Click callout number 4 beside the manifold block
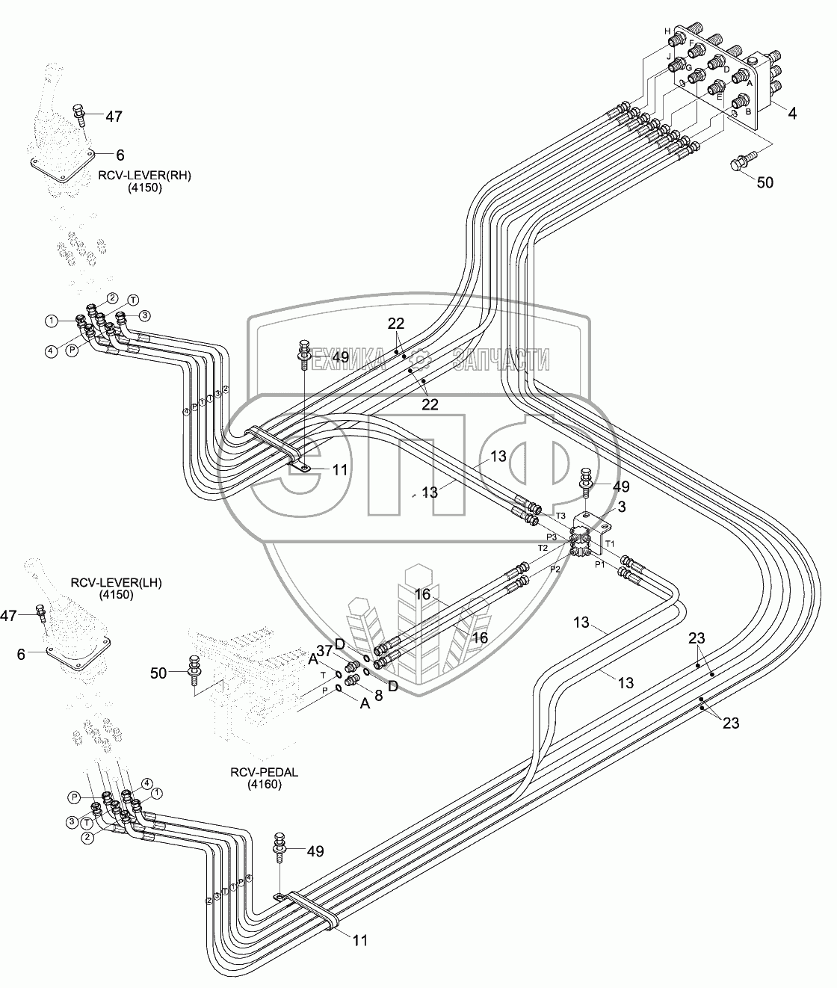[x=792, y=115]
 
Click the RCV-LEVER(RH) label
[x=143, y=176]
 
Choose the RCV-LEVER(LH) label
[x=117, y=582]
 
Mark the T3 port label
[x=560, y=516]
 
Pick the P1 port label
[x=599, y=565]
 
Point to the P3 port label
[x=551, y=537]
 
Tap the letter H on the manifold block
[x=667, y=31]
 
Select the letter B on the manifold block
[x=747, y=110]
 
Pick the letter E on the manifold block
[x=720, y=96]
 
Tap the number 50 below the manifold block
[x=767, y=182]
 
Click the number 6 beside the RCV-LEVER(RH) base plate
[x=120, y=155]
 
